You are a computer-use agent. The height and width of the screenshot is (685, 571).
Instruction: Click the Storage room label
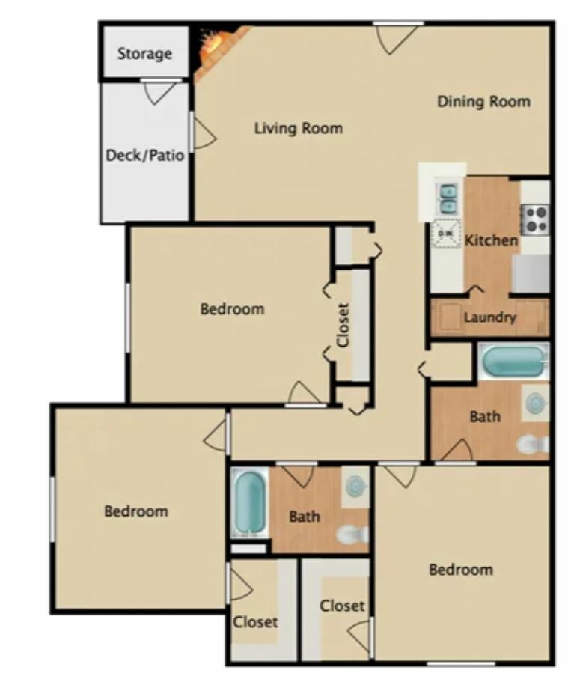coord(144,54)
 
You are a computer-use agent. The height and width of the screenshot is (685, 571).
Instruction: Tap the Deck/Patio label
coord(145,155)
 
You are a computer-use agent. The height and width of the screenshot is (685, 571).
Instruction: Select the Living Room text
coord(299,128)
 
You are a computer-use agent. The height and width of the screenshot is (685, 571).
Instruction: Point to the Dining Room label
coord(483,101)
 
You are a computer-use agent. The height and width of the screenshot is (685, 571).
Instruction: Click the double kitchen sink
coord(447,198)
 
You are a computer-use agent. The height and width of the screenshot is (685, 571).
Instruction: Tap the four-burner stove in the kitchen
coord(535,219)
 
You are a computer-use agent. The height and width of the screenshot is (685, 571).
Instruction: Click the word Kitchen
coord(492,240)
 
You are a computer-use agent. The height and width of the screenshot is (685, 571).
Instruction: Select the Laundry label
coord(489,317)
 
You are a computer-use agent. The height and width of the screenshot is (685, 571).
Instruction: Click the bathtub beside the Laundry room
coord(513,360)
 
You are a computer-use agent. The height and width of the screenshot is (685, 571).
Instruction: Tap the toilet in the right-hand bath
coord(533,445)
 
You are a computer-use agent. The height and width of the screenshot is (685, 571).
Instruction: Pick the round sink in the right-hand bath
coord(535,402)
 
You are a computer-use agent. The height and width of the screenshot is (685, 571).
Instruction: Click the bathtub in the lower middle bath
coord(249,502)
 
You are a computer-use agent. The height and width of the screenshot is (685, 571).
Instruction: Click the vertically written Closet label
coord(343,325)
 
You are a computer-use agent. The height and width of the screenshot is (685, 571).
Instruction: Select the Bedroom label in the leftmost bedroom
coord(136,511)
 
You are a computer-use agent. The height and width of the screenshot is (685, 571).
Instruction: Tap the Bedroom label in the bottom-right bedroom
coord(461,570)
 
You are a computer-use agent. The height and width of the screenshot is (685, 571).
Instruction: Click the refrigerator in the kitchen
coord(531,273)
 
